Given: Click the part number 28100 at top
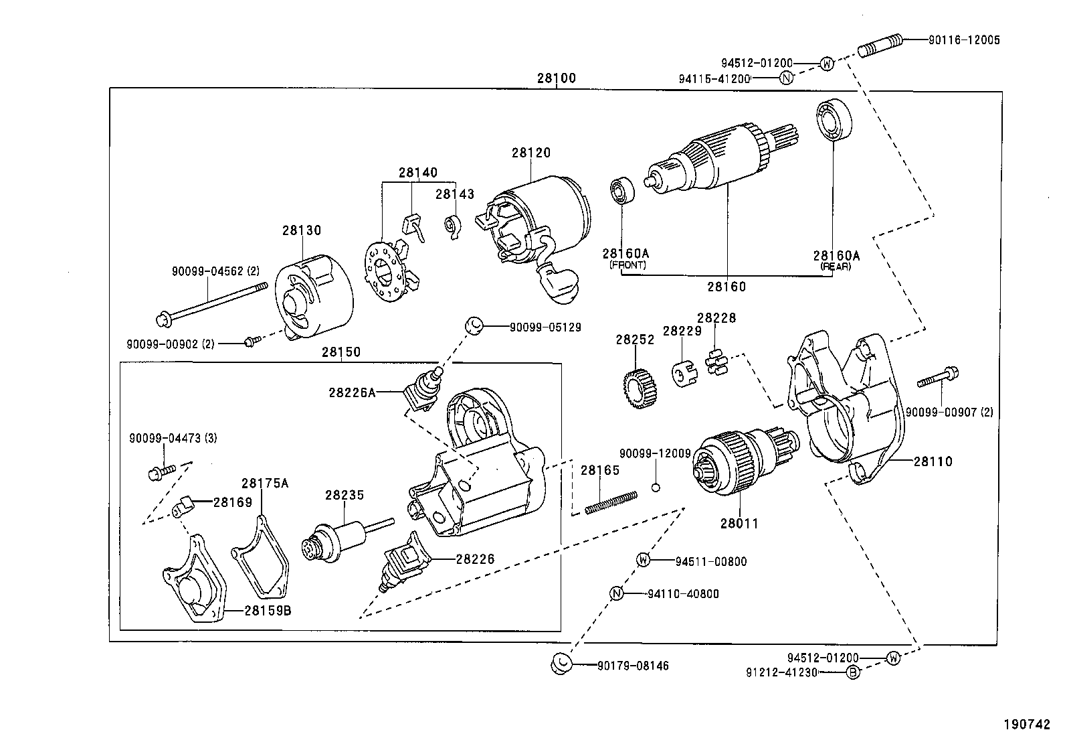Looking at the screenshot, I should click(x=555, y=78).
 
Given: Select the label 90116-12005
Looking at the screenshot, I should click(x=964, y=40).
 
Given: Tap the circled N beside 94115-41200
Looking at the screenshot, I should click(x=786, y=78).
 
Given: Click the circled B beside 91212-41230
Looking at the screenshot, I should click(x=853, y=673).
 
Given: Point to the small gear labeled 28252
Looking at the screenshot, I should click(x=636, y=388).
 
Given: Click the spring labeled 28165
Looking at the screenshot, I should click(x=610, y=503).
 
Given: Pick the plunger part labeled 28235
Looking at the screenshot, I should click(x=338, y=539).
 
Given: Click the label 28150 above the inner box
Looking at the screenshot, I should click(x=341, y=352).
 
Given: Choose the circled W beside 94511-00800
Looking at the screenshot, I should click(x=642, y=561).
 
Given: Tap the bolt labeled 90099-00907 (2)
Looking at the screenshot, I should click(x=937, y=379).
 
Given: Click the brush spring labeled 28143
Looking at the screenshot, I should click(x=454, y=226).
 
